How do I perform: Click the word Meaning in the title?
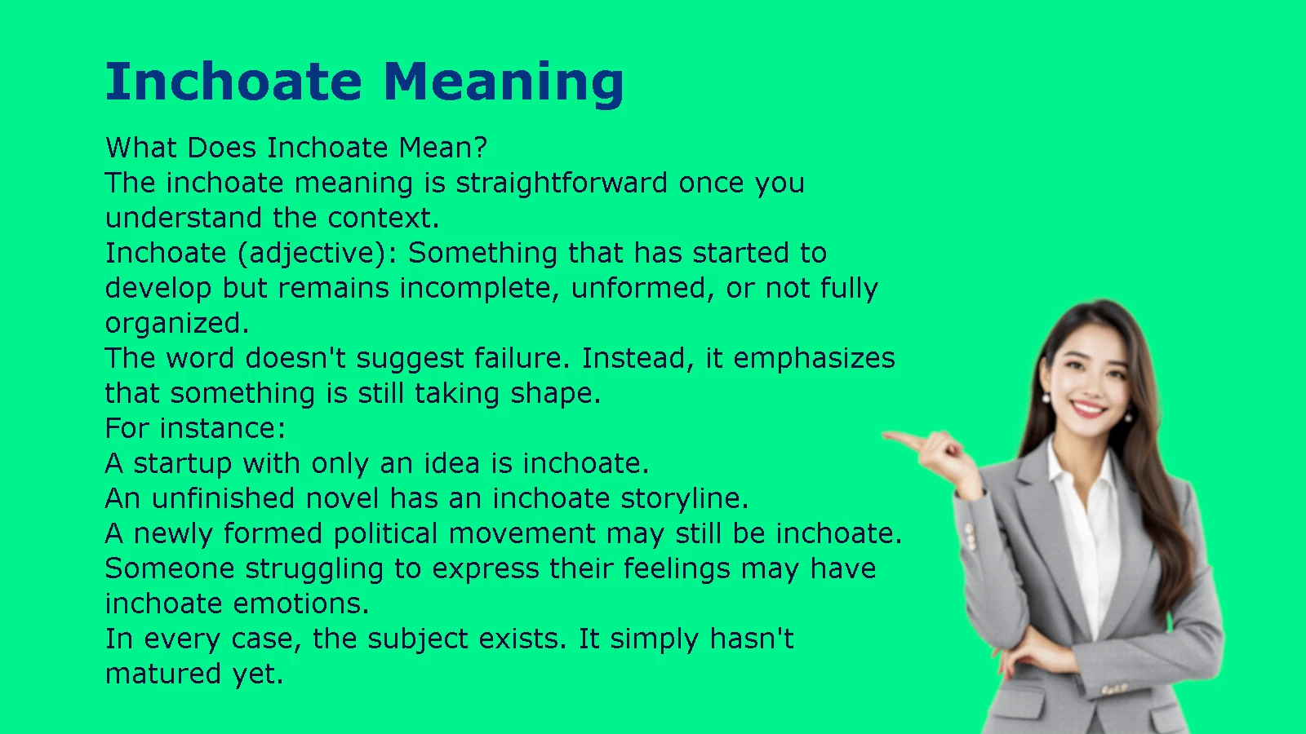pyautogui.click(x=504, y=83)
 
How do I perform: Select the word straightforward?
pyautogui.click(x=562, y=183)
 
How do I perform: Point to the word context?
pyautogui.click(x=383, y=218)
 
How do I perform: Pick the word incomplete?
pyautogui.click(x=480, y=289)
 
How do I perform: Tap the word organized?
pyautogui.click(x=176, y=324)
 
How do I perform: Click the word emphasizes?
pyautogui.click(x=814, y=359)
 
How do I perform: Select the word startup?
pyautogui.click(x=183, y=464)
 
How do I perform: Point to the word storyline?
pyautogui.click(x=685, y=499)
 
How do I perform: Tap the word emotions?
pyautogui.click(x=301, y=604)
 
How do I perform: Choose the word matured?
pyautogui.click(x=163, y=674)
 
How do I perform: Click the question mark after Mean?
pyautogui.click(x=481, y=148)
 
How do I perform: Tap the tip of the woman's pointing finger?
pyautogui.click(x=885, y=435)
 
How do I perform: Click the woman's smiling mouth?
pyautogui.click(x=1089, y=408)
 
